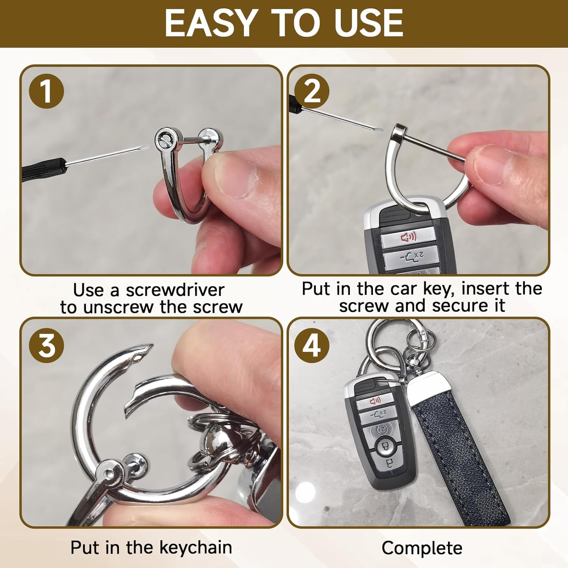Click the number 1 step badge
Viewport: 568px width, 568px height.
coord(46,91)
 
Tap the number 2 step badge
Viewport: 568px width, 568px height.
coord(312,91)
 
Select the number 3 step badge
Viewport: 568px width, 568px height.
coord(46,346)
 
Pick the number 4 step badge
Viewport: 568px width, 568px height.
coord(312,346)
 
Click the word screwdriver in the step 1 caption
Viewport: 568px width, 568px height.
coord(175,290)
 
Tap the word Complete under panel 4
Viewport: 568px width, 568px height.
coord(422,548)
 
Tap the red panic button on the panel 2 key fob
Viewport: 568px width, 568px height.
coord(409,237)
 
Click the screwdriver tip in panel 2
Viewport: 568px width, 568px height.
coord(381,130)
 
